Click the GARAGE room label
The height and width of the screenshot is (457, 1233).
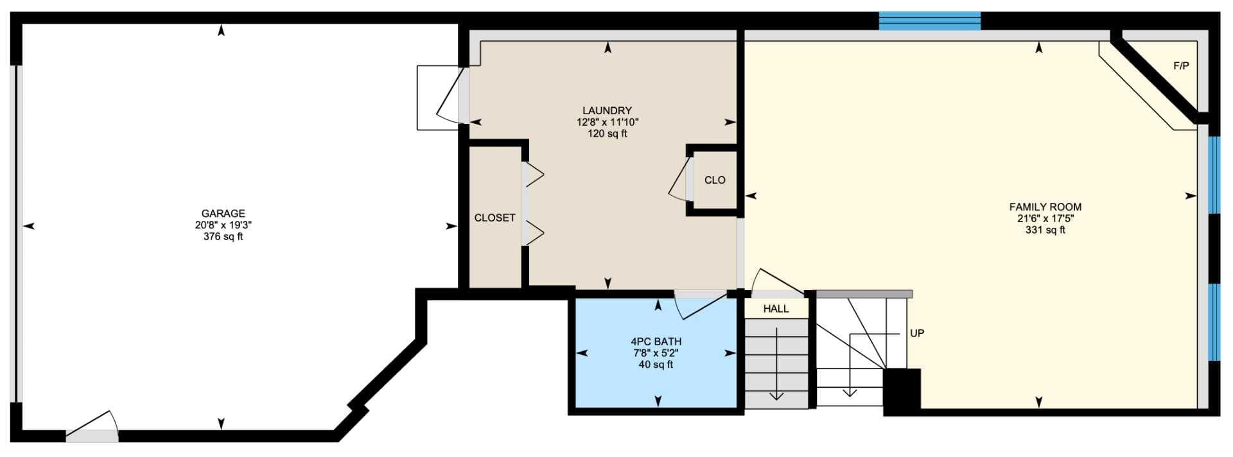[223, 214]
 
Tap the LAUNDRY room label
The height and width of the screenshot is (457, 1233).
[607, 111]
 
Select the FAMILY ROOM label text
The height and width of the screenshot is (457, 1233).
[1045, 207]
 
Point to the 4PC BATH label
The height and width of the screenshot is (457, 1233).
[656, 342]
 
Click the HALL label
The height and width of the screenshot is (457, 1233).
[776, 309]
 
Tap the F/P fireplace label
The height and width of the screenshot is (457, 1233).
[1181, 65]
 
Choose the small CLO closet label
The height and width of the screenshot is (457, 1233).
[715, 180]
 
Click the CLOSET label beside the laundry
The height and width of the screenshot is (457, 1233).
[494, 218]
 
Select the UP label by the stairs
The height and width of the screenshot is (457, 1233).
[917, 334]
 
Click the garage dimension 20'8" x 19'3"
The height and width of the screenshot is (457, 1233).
[223, 225]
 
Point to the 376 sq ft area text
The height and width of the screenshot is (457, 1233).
[223, 237]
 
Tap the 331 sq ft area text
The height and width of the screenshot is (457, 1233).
[1045, 230]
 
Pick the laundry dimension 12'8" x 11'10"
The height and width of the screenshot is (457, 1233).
[607, 123]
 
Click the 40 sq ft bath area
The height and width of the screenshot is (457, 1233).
[656, 365]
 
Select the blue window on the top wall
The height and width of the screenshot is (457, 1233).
[930, 21]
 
